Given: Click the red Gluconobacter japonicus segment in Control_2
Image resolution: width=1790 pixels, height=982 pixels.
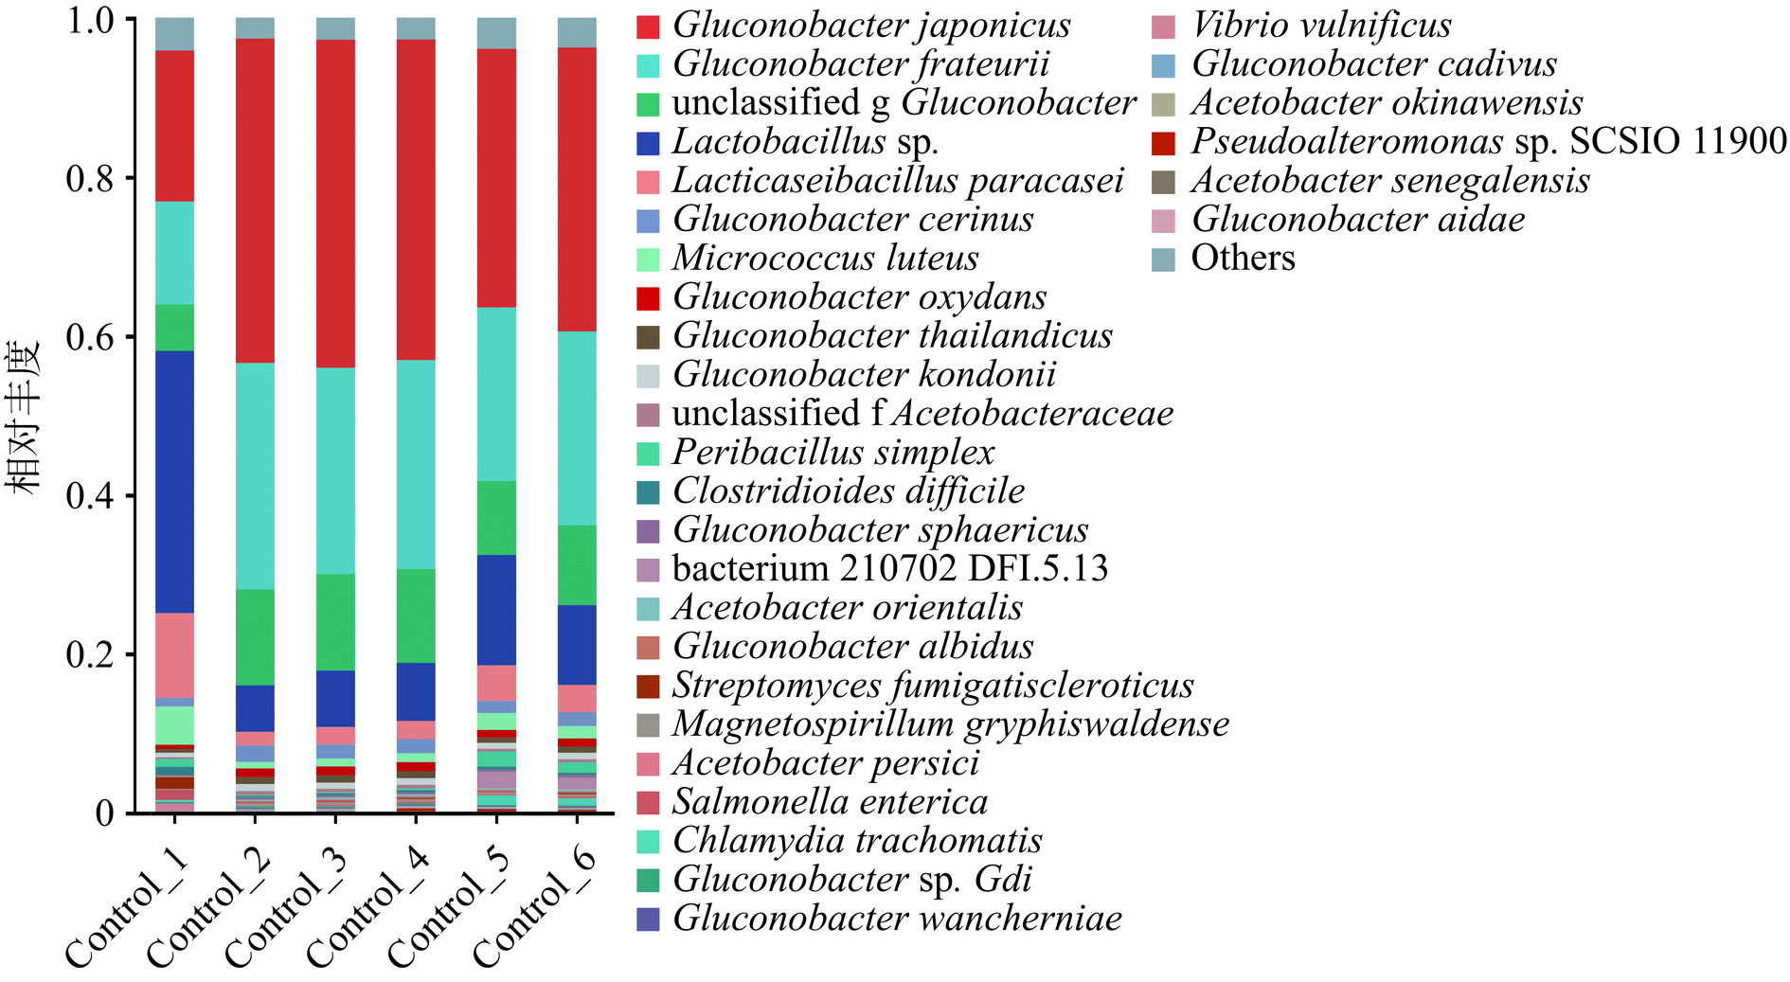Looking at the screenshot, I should point(255,201).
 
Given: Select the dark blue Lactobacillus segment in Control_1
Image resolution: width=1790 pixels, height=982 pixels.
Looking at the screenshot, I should point(174,481).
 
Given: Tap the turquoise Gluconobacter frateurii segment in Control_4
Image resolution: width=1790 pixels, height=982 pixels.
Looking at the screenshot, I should point(416,464).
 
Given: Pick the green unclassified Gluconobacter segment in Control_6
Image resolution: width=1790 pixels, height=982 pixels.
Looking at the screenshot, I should point(577,564).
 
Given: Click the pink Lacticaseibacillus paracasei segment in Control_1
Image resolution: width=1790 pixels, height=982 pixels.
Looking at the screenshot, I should point(174,654).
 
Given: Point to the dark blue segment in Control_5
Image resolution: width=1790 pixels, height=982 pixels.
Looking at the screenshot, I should point(496,609).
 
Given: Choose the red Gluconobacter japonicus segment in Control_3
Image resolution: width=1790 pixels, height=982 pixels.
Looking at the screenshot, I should point(335,204).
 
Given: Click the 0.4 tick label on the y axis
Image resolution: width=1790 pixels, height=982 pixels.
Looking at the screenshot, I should point(89,495).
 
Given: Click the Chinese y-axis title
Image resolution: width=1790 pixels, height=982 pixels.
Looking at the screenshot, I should point(25,417).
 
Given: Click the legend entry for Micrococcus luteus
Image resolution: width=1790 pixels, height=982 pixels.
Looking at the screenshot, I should point(825,258).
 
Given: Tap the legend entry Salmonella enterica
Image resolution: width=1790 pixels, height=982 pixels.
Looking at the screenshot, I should point(830,801).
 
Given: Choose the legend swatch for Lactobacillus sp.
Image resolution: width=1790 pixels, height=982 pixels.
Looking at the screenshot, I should point(648,142).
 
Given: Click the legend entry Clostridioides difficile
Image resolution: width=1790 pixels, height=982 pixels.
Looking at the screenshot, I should point(849,491).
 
